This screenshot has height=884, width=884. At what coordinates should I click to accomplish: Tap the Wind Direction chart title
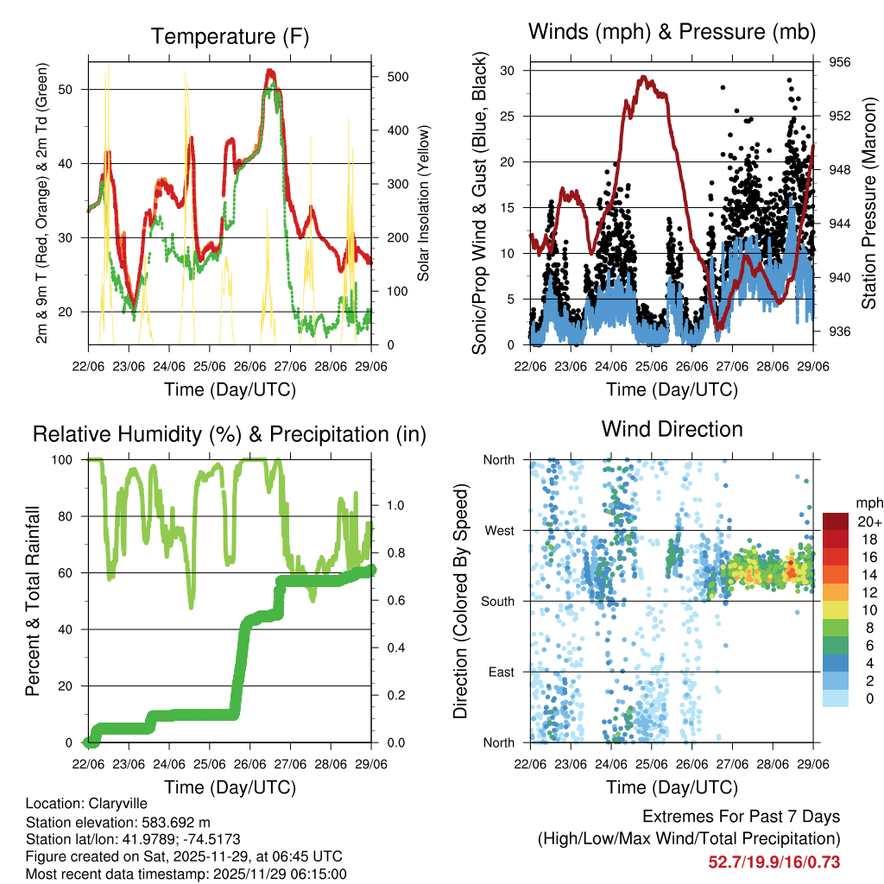coord(672,428)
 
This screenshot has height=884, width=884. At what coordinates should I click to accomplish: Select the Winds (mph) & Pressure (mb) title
coord(672,33)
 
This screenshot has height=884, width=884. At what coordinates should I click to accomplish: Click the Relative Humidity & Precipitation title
coord(229,434)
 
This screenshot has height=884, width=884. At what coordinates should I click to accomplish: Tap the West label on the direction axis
coord(498,530)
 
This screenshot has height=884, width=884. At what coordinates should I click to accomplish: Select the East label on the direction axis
coord(500,672)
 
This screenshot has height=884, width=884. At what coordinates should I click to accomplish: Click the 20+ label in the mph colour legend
coord(868,521)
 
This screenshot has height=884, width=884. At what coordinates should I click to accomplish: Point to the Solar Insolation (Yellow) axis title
coord(423,204)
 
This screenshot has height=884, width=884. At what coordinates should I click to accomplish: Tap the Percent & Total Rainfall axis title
coord(33,601)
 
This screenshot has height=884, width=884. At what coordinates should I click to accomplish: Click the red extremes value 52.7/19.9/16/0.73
coord(773,862)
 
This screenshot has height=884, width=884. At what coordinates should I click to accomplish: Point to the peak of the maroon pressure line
coord(643,77)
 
